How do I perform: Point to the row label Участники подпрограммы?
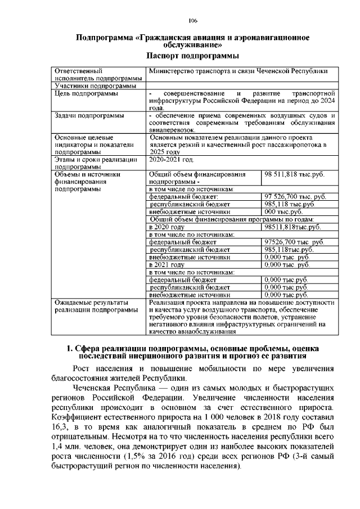point(94,86)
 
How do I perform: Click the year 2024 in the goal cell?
point(327,101)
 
